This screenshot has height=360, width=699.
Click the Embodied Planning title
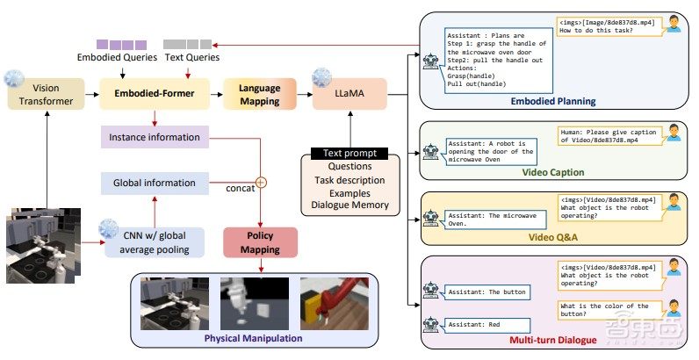554,101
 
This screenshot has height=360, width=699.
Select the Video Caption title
554,170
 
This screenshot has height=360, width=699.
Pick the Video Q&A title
554,237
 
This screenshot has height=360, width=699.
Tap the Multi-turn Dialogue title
554,338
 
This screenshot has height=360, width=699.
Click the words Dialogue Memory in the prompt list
349,205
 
